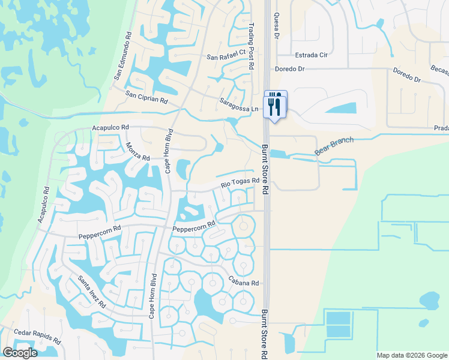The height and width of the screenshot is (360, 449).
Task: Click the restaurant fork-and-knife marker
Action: point(276,105)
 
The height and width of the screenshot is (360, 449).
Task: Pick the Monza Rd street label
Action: point(137,151)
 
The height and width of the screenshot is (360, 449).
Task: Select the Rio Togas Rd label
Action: point(240,182)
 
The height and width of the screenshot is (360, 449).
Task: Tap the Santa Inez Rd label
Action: point(92,292)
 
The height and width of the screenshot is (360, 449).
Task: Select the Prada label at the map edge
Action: point(441,128)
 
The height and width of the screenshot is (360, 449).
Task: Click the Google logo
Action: point(20,352)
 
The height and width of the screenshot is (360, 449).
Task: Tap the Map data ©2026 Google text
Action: point(411,355)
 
